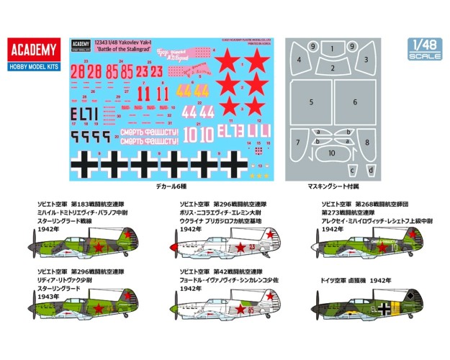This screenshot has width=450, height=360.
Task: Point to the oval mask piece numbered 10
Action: [332, 153]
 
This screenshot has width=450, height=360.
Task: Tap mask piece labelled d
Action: [372, 171]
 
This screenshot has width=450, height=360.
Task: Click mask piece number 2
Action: [332, 68]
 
